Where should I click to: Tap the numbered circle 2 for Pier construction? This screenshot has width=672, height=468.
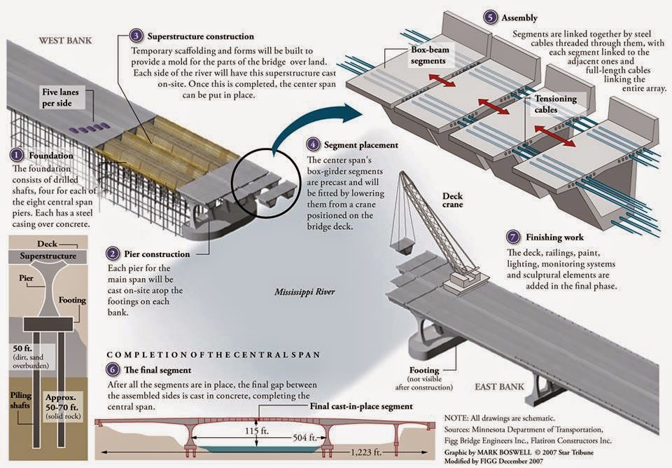[113, 253]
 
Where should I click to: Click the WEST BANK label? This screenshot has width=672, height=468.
[67, 41]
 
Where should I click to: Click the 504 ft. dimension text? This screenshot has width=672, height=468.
[305, 438]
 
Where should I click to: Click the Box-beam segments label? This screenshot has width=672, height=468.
[428, 56]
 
